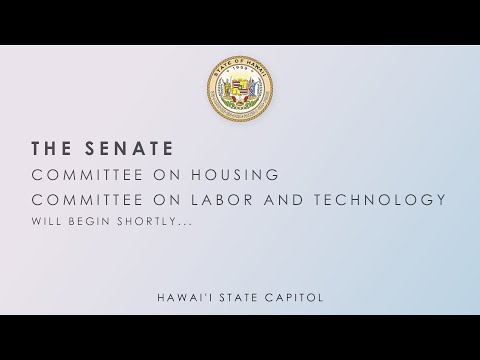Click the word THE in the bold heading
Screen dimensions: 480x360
click(x=51, y=148)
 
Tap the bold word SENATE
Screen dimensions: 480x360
click(x=129, y=148)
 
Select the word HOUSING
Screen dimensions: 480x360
click(x=235, y=175)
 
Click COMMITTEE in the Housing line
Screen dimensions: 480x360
click(x=87, y=175)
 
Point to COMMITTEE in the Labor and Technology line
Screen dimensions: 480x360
click(x=87, y=200)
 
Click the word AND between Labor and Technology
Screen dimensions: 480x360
click(x=284, y=200)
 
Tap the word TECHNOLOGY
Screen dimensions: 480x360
click(x=380, y=200)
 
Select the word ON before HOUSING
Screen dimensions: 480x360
click(x=167, y=175)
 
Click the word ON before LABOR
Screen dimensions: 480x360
click(x=167, y=200)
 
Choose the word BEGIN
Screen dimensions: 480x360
click(x=89, y=221)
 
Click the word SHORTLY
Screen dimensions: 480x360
click(x=144, y=221)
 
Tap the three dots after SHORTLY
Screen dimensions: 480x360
click(x=182, y=224)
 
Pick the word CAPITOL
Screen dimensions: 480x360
click(x=294, y=297)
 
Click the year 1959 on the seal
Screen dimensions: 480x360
click(x=240, y=68)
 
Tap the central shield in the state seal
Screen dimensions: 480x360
click(x=240, y=87)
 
